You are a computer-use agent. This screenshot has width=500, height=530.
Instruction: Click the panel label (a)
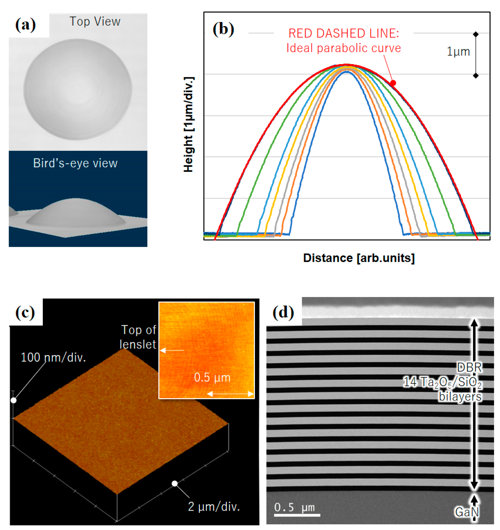pos(26,25)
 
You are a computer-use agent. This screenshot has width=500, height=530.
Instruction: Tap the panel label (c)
pos(25,312)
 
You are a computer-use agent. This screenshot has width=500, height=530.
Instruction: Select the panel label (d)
pos(283,312)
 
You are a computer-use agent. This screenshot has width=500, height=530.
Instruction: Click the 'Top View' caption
pos(95,22)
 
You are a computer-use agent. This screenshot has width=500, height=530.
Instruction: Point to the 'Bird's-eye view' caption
pos(75,163)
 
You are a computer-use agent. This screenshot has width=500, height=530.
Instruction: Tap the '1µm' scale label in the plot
pos(458,52)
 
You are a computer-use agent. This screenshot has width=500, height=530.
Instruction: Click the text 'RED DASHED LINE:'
pos(344,34)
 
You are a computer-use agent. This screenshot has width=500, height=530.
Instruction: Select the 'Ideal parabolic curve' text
pos(344,48)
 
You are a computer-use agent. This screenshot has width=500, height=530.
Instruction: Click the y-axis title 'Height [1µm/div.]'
pos(189,125)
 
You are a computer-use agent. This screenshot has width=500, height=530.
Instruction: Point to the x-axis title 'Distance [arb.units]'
pos(359,258)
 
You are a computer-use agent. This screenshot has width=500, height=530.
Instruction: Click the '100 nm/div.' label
pos(53,358)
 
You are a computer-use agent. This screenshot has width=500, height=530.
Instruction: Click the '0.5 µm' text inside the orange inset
pos(212,377)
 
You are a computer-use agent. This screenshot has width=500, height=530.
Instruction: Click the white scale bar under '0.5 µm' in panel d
pos(297,515)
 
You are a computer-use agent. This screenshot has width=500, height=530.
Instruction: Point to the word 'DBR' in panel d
pos(469,367)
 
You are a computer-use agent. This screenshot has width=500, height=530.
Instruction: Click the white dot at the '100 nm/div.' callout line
pos(14,401)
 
